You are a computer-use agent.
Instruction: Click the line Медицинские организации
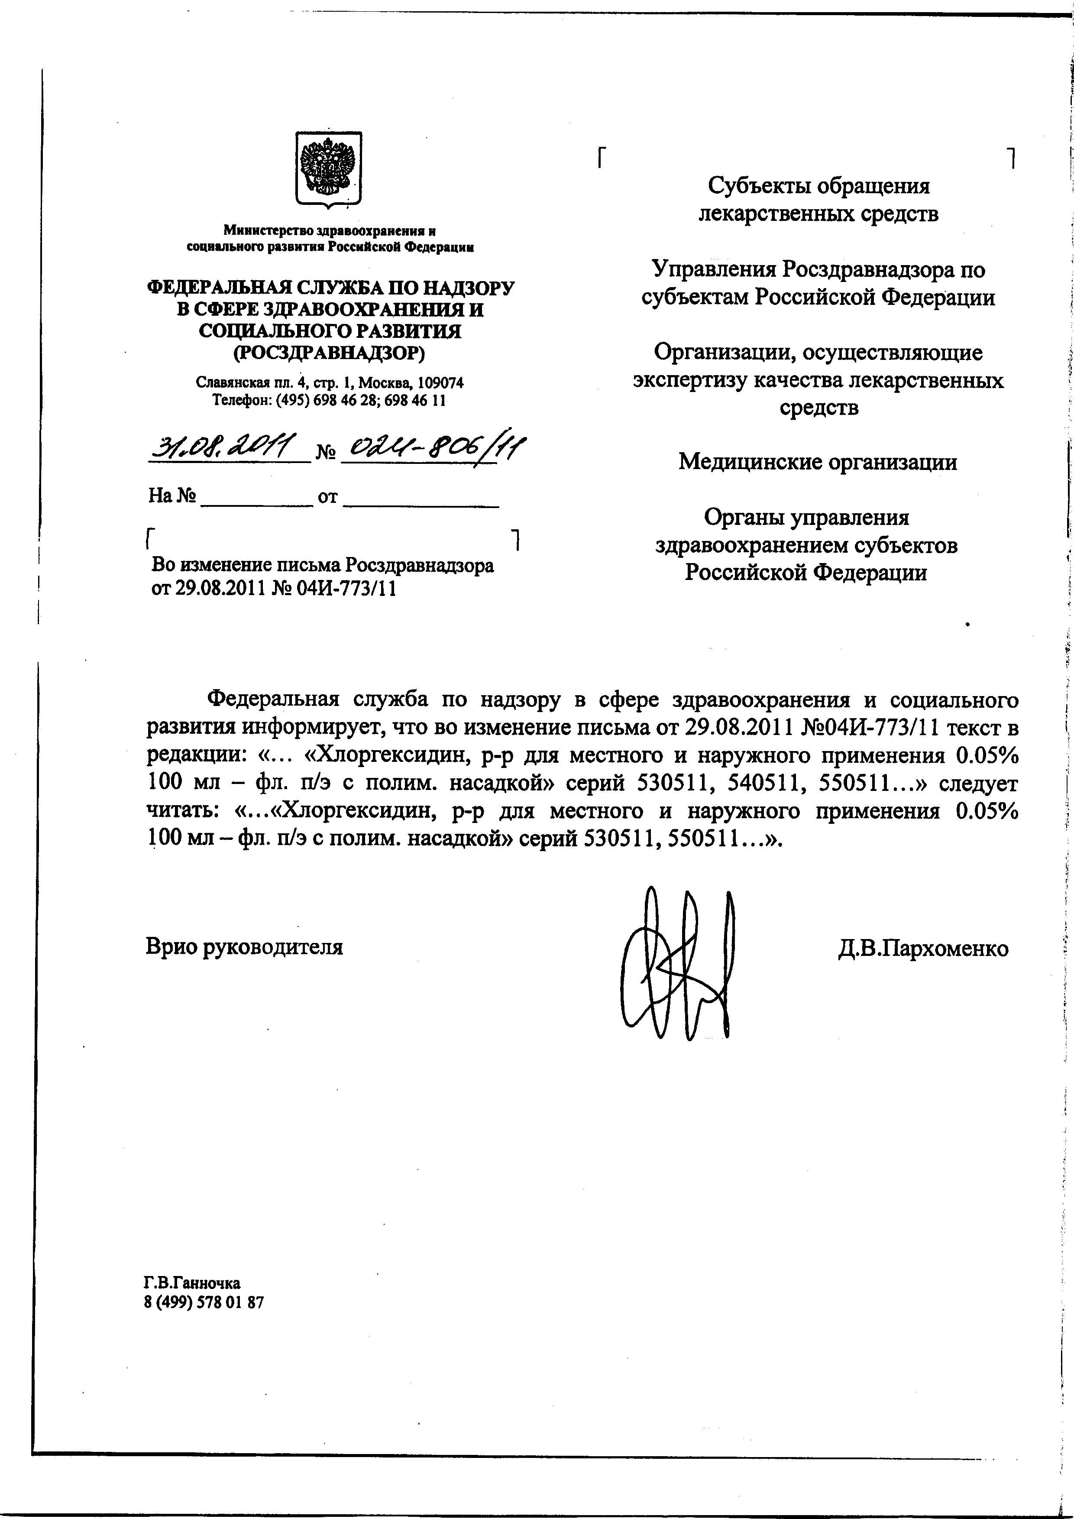[818, 461]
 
